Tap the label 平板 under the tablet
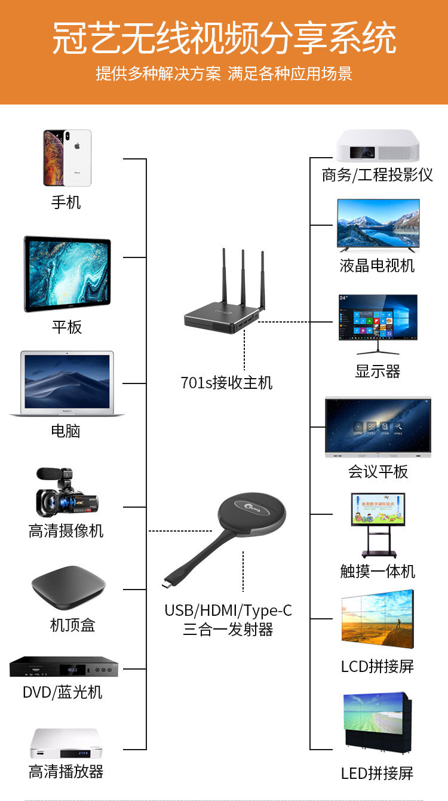66,327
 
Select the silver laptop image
67,383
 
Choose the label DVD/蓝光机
63,692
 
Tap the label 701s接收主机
226,382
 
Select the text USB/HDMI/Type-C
228,610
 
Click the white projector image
376,146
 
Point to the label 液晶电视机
377,266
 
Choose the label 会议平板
378,472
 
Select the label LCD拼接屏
377,667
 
